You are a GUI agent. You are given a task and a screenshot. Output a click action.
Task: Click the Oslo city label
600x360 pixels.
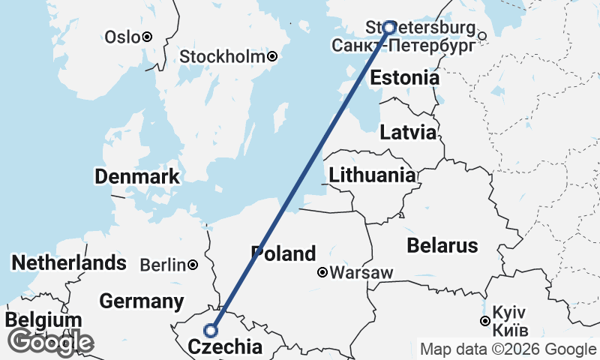tap(121, 37)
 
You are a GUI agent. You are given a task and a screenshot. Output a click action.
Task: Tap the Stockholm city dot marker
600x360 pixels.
tap(273, 56)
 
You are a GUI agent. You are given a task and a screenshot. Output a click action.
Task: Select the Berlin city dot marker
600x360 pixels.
tap(193, 265)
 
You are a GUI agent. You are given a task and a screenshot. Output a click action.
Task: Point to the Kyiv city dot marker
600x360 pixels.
tap(485, 322)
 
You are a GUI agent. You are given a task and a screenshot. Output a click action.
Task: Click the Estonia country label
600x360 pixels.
tap(404, 78)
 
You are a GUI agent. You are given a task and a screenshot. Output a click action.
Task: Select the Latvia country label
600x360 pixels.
tap(408, 133)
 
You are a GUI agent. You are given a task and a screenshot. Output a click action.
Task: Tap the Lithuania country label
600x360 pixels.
tap(372, 175)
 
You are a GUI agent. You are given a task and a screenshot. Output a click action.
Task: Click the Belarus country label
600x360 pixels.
tap(442, 245)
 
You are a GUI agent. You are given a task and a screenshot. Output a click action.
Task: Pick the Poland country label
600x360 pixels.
tap(283, 253)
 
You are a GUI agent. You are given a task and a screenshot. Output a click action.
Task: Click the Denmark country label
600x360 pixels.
tap(137, 177)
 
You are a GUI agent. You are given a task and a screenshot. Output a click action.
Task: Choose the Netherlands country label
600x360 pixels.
tap(69, 263)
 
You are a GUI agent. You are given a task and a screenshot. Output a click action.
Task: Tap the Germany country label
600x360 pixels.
tap(142, 301)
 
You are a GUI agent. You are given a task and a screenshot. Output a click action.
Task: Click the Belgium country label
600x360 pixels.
tap(43, 320)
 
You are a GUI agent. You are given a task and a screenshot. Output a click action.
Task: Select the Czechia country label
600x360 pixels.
tap(226, 347)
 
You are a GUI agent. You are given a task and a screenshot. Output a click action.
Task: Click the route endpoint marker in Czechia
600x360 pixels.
tap(211, 330)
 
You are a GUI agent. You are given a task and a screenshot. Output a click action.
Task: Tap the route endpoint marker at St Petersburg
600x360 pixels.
tap(389, 28)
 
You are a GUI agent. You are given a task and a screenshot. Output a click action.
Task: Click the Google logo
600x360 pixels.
tap(51, 343)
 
